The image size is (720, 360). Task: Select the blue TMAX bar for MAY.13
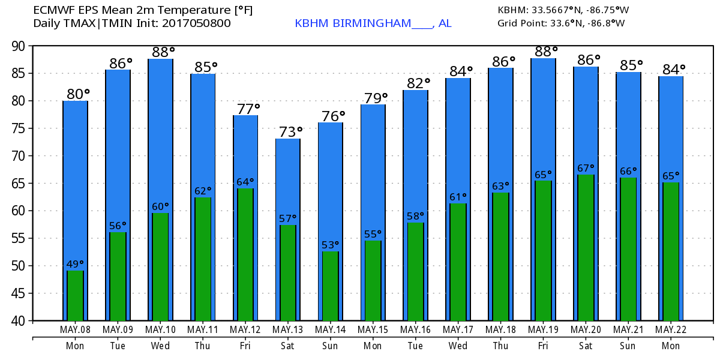pos(287,180)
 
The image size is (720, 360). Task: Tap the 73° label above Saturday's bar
pos(290,131)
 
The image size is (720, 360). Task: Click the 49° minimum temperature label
pos(75,264)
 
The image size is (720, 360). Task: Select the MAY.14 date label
pos(330,329)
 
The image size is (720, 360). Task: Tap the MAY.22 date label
pos(671,329)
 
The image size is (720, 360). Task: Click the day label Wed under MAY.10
pos(160,346)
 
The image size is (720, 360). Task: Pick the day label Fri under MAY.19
pos(543,346)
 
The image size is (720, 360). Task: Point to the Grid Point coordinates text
pos(561,23)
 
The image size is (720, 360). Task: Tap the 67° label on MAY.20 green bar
pos(585,168)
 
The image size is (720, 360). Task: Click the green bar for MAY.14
pos(330,286)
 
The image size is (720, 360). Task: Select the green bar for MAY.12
pos(245,254)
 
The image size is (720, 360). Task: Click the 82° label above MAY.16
pos(418,83)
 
